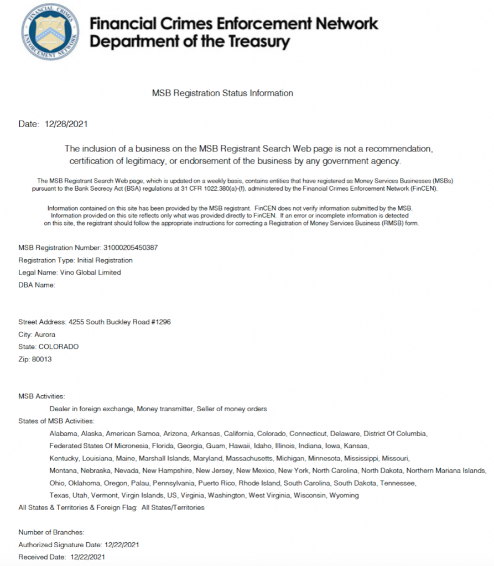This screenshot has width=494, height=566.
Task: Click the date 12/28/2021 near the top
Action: pos(66,124)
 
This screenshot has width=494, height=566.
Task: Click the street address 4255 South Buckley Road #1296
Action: pos(119,322)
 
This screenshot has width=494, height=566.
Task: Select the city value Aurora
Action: pos(45,334)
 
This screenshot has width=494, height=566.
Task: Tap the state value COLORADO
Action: pos(58,347)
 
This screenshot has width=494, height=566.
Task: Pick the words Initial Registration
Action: pos(105,260)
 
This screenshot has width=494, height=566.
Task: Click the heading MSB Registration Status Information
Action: pos(222,93)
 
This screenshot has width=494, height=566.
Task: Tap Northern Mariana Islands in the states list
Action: pos(446,470)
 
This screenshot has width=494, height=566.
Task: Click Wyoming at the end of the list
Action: pos(344,495)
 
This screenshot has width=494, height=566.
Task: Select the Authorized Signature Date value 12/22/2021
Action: pos(117,544)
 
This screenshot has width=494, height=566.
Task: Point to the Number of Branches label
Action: pos(51,532)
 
